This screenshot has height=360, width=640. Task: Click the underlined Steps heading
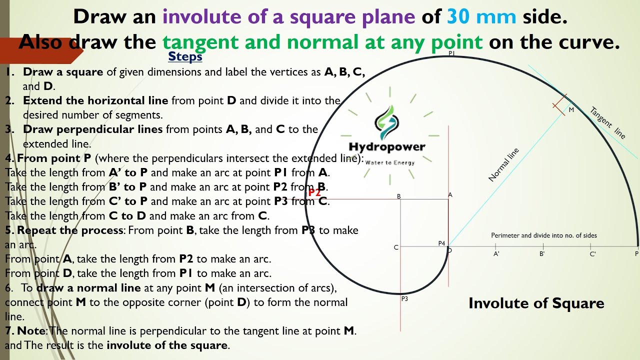pyautogui.click(x=185, y=56)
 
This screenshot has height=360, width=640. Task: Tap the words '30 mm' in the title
pyautogui.click(x=481, y=17)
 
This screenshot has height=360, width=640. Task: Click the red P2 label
pyautogui.click(x=314, y=192)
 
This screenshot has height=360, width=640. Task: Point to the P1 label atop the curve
pyautogui.click(x=451, y=53)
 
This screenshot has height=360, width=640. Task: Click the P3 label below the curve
pyautogui.click(x=404, y=299)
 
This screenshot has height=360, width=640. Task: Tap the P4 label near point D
pyautogui.click(x=441, y=243)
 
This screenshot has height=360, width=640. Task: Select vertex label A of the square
pyautogui.click(x=450, y=195)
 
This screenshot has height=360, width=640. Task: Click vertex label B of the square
pyautogui.click(x=399, y=196)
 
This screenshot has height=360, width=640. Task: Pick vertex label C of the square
pyautogui.click(x=396, y=247)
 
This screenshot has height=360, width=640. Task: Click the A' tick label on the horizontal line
pyautogui.click(x=496, y=254)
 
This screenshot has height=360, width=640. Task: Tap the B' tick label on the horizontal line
pyautogui.click(x=542, y=254)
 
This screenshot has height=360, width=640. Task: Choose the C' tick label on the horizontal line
pyautogui.click(x=592, y=254)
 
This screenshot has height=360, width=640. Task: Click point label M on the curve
pyautogui.click(x=571, y=110)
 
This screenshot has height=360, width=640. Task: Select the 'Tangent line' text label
pyautogui.click(x=607, y=122)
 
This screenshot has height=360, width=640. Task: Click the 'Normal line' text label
pyautogui.click(x=503, y=164)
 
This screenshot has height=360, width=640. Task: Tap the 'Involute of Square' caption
pyautogui.click(x=536, y=303)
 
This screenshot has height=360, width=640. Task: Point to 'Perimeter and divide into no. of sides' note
pyautogui.click(x=543, y=235)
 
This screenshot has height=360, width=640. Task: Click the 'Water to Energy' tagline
pyautogui.click(x=389, y=162)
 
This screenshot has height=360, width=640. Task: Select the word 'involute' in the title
pyautogui.click(x=198, y=17)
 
